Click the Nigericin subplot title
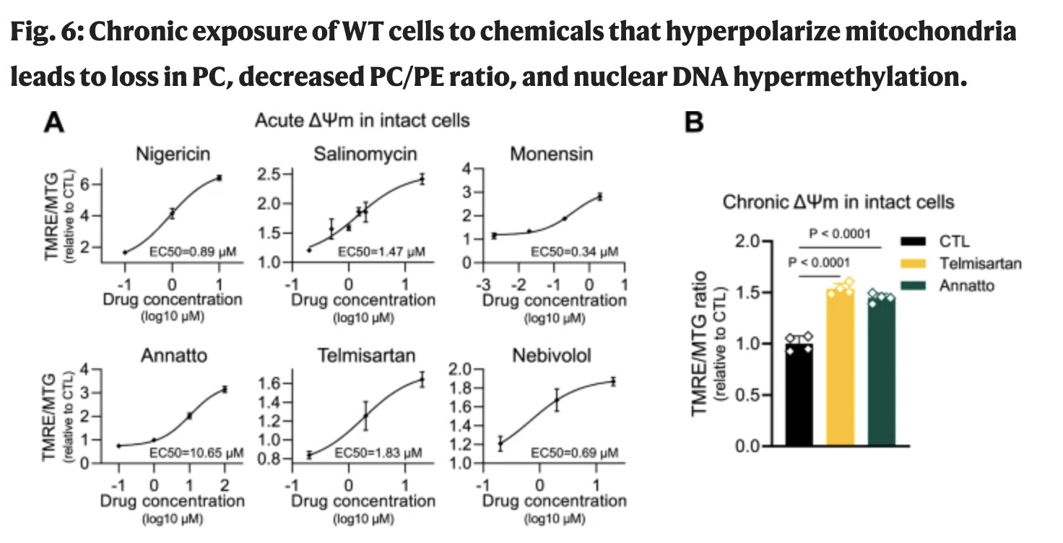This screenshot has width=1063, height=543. (177, 154)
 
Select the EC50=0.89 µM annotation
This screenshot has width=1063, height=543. (203, 251)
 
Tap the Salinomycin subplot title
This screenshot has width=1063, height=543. (365, 154)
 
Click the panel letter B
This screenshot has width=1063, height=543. (693, 123)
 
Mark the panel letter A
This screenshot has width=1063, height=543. (55, 123)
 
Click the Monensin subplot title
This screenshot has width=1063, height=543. (551, 154)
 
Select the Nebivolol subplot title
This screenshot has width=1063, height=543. (552, 355)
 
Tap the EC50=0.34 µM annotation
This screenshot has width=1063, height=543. (575, 251)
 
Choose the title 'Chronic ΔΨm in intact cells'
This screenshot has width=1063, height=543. (838, 202)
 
